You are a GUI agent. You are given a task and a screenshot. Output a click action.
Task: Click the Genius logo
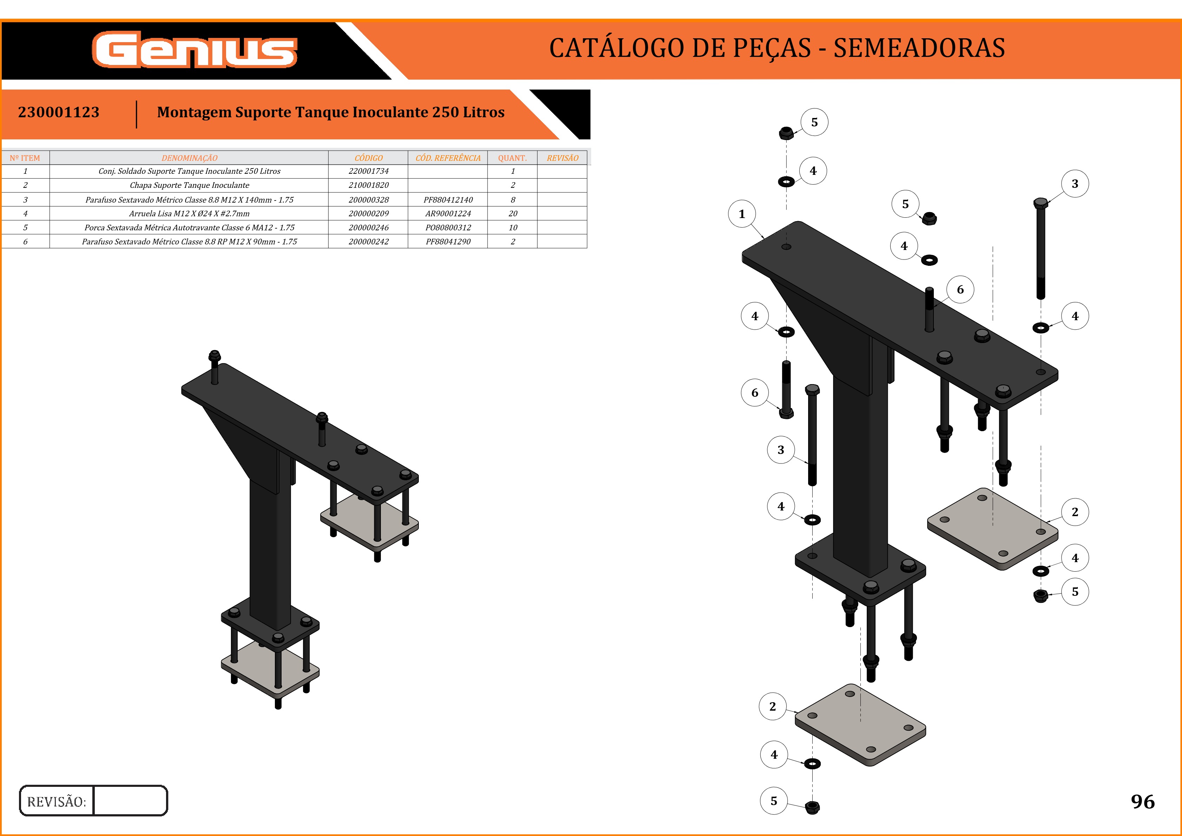[x=194, y=50]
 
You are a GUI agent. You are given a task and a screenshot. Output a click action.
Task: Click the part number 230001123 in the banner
[x=59, y=112]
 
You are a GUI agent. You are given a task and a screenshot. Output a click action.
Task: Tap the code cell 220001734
[x=369, y=171]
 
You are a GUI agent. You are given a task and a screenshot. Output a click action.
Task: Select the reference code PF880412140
[x=448, y=200]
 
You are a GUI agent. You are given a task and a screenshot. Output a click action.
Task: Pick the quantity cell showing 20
[x=513, y=213]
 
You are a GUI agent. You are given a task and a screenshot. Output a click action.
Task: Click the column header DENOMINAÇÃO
[x=190, y=158]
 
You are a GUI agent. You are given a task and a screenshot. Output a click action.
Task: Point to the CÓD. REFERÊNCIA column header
[x=448, y=158]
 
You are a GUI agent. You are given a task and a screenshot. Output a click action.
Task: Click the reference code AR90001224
[x=448, y=213]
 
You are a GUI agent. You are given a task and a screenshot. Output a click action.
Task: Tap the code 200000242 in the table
[x=369, y=242]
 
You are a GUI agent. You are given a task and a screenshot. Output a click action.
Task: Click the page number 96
[x=1142, y=802]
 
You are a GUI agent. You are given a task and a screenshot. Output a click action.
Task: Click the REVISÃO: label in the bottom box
[x=57, y=802]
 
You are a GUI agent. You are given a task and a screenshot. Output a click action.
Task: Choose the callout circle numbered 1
[x=742, y=213]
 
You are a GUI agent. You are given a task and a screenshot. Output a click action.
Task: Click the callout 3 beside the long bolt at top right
[x=1075, y=184]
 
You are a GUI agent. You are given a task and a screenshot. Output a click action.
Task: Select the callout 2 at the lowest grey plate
[x=772, y=706]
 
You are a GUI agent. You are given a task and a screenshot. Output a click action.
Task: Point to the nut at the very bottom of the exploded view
[x=812, y=807]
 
